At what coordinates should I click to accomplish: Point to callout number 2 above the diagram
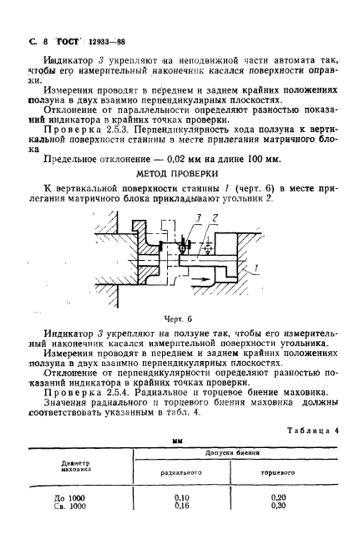click(214, 219)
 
